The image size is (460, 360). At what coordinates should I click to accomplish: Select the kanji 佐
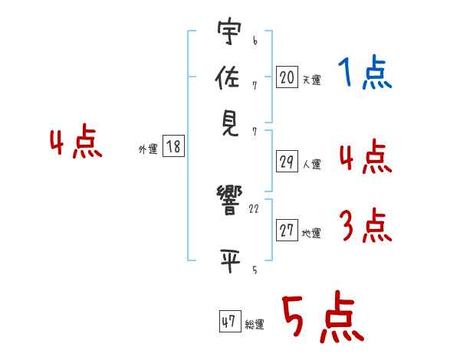[x=229, y=78]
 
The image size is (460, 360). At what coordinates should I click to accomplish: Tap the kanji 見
[x=229, y=123]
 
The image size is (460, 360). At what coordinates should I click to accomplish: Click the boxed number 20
[x=287, y=77]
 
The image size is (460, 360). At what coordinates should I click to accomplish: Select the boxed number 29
[x=287, y=162]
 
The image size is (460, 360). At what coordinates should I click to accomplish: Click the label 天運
[x=311, y=80]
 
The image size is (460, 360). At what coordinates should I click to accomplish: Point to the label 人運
[x=311, y=164]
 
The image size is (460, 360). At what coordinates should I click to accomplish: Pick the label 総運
[x=255, y=325]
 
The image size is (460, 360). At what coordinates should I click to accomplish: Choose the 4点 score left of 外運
[x=76, y=144]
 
